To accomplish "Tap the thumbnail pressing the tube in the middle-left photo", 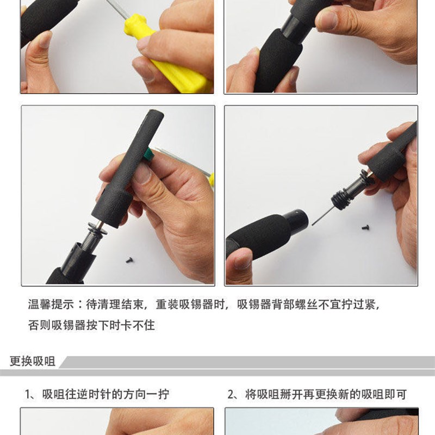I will tap(142, 173).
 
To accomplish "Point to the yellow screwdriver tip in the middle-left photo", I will tap(211, 178).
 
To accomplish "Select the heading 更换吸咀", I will tap(33, 361).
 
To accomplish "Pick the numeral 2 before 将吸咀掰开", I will tap(231, 394).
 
